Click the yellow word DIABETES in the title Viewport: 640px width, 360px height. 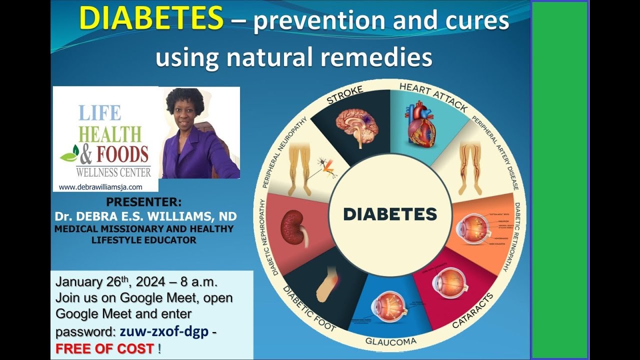[x=151, y=19]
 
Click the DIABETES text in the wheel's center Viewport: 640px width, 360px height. [x=390, y=214]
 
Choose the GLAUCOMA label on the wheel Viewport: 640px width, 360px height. [x=391, y=341]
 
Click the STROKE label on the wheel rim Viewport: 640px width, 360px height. [x=344, y=94]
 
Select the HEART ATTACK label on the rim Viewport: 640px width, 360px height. [x=433, y=97]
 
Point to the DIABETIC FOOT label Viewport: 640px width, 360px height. [x=309, y=308]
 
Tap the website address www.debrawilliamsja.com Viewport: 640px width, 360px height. [x=100, y=187]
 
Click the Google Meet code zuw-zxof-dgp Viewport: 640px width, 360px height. [x=164, y=331]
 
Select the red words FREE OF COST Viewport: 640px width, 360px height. [x=105, y=349]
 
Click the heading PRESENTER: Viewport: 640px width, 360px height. [x=144, y=202]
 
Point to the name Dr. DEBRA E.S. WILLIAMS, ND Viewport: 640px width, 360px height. [x=145, y=216]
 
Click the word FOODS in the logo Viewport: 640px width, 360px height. [x=122, y=154]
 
